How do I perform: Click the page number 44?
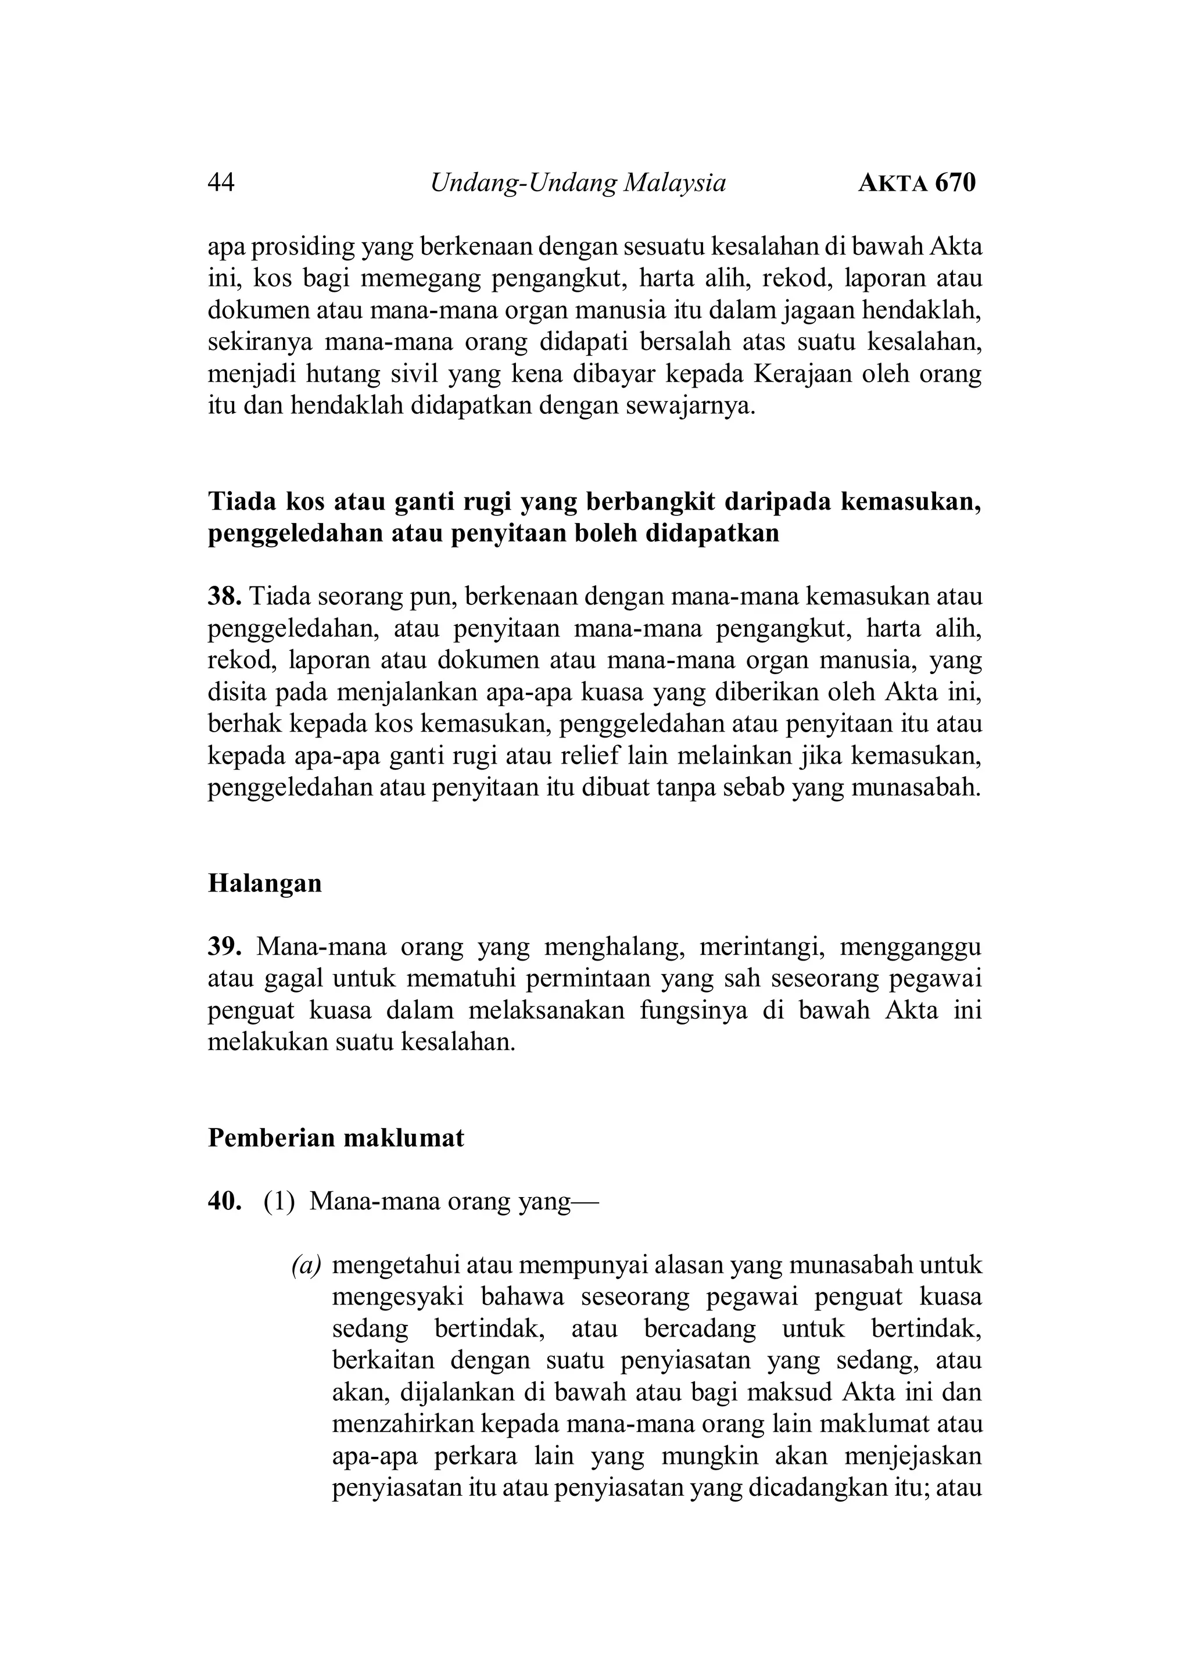coord(221,182)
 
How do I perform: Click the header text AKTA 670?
coord(917,182)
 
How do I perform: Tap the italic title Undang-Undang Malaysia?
coord(578,182)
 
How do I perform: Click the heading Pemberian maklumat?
coord(336,1138)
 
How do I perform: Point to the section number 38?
coord(224,596)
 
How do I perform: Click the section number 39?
coord(224,947)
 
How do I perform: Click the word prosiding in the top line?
coord(304,248)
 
